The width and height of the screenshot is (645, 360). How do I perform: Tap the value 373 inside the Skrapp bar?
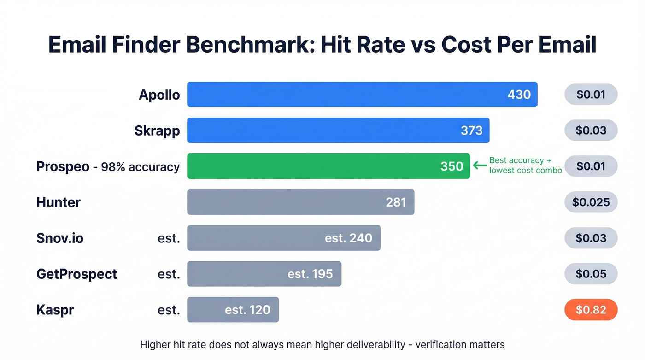[x=471, y=130]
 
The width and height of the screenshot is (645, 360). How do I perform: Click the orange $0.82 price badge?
[x=591, y=310]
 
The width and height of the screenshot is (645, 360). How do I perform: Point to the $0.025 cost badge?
[x=591, y=202]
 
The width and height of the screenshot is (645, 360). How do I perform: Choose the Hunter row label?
[x=59, y=202]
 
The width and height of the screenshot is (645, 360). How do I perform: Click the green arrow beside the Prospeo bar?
[x=480, y=165]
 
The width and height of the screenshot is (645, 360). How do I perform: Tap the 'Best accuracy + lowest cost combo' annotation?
[x=525, y=165]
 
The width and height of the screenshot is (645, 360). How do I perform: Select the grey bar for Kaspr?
[x=233, y=310]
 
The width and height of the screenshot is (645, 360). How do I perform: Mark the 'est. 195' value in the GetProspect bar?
[x=310, y=274]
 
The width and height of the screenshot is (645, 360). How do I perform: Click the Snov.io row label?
[x=60, y=238]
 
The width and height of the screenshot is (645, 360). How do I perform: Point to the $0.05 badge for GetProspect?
[x=591, y=274]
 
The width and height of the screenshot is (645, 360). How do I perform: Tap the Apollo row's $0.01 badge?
[x=591, y=94]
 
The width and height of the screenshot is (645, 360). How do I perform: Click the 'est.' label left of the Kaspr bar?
[x=168, y=310]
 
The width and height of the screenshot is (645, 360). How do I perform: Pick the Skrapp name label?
[x=157, y=130]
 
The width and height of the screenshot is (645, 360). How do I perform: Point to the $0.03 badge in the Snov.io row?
[x=591, y=238]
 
